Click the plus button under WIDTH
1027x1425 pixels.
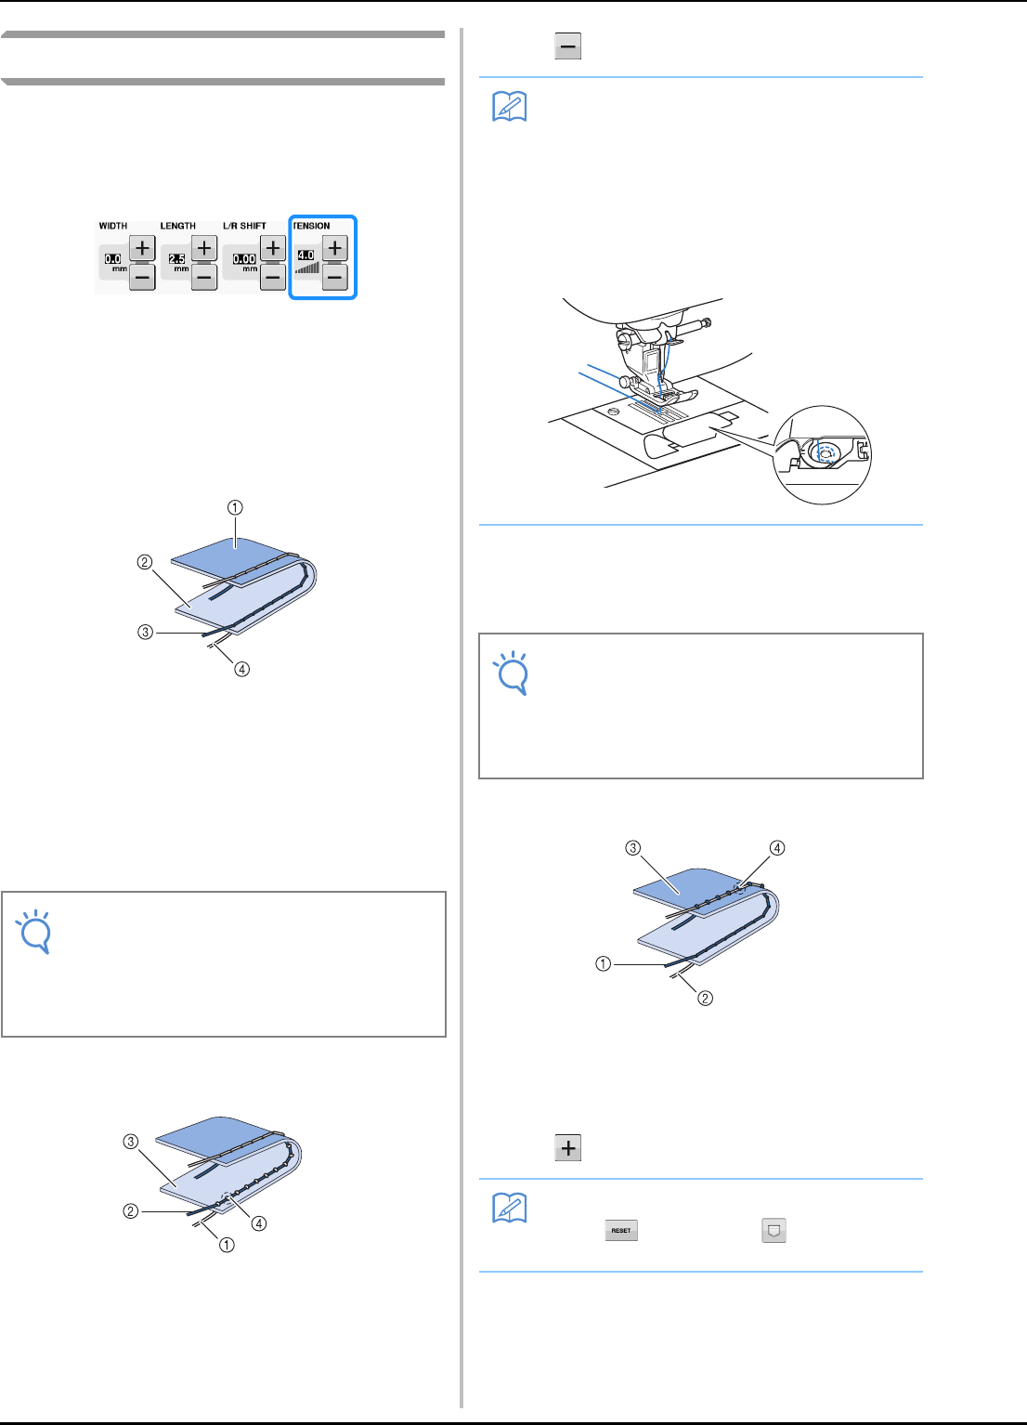coord(142,248)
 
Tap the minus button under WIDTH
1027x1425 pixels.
coord(142,276)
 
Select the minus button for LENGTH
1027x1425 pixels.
coord(204,276)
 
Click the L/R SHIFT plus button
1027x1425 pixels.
coord(273,248)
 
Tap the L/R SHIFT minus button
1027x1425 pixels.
coord(273,276)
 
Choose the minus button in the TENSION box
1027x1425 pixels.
coord(335,276)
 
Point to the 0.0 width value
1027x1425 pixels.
coord(112,259)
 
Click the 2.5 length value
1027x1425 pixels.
coord(176,259)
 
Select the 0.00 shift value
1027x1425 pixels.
coord(244,259)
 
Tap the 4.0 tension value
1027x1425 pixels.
coord(305,255)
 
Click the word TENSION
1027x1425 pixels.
coord(311,226)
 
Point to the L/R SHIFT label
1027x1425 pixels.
coord(244,226)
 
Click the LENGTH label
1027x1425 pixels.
coord(177,226)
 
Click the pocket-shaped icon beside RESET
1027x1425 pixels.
coord(773,1231)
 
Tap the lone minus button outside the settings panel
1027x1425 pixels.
coord(568,46)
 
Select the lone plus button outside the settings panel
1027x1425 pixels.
coord(568,1148)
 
